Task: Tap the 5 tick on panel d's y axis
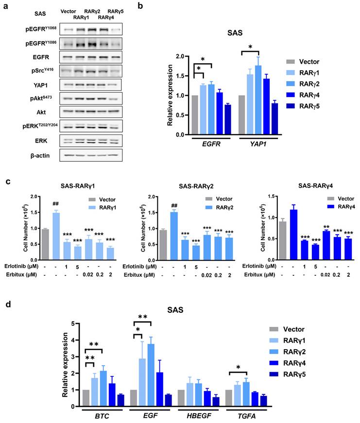[73, 323]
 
